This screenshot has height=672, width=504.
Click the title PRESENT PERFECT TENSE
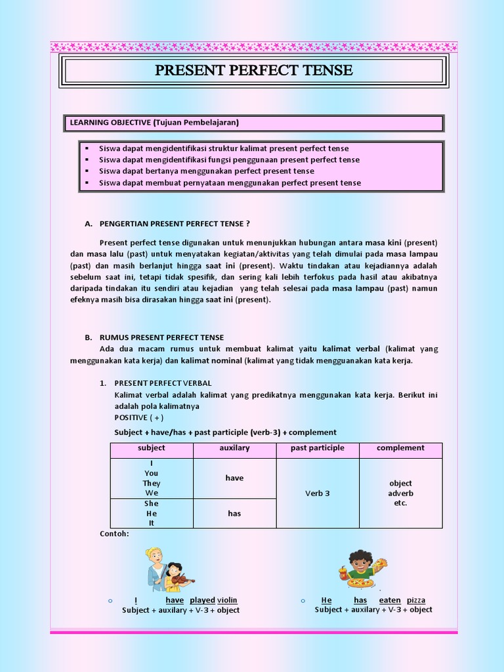tap(253, 70)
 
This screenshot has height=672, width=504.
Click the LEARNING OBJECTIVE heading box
tap(253, 123)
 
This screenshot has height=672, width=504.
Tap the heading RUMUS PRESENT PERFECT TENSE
tap(161, 337)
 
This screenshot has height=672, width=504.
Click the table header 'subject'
tap(152, 448)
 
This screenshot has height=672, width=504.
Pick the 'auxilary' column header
tap(234, 448)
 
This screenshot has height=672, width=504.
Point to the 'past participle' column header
tap(318, 448)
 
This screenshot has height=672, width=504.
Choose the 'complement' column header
tap(400, 448)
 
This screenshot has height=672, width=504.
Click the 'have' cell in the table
tap(234, 478)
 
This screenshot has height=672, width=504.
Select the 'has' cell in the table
tap(234, 514)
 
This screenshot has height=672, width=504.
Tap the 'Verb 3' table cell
tap(318, 493)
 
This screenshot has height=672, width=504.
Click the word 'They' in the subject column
tap(152, 484)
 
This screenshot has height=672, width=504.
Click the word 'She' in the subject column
tap(152, 504)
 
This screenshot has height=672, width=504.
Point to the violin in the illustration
tap(182, 580)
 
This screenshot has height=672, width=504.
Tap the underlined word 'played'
tap(202, 600)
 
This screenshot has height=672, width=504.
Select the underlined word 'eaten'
tap(390, 600)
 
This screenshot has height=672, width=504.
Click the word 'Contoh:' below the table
tap(114, 534)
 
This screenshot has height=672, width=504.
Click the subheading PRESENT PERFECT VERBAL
tap(163, 383)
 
